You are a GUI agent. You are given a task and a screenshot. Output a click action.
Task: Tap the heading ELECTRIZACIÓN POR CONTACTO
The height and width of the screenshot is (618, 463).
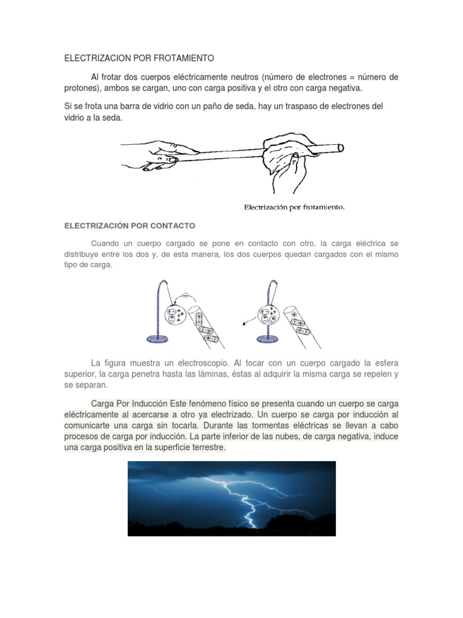point(130,226)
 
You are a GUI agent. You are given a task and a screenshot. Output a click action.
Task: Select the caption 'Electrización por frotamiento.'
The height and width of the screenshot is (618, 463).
point(294,207)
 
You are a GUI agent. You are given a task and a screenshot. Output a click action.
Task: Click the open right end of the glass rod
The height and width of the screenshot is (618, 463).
point(340,147)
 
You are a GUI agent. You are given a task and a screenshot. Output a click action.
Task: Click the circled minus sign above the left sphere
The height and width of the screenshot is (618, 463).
point(186,296)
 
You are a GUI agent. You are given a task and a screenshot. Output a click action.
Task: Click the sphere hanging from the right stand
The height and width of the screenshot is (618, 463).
point(267,314)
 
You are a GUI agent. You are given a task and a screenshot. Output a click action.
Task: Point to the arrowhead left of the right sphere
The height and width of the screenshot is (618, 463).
point(244,325)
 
